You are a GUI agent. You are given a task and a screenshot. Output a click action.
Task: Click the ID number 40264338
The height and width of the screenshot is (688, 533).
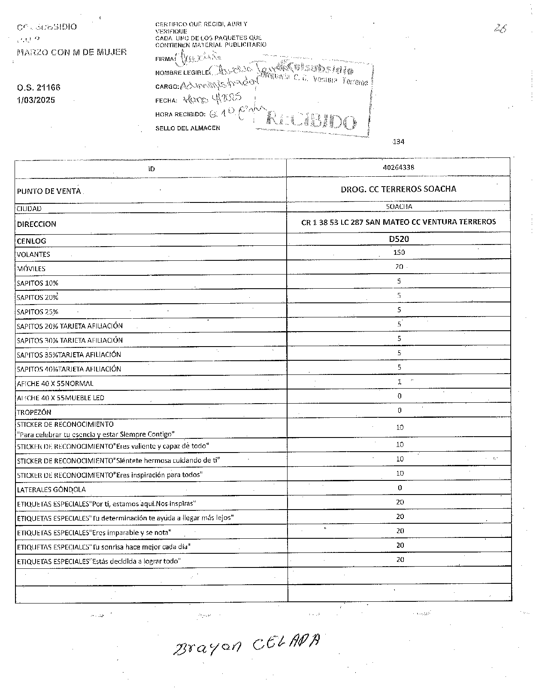pyautogui.click(x=398, y=168)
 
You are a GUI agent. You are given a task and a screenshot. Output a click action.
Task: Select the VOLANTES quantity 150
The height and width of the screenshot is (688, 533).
pyautogui.click(x=399, y=252)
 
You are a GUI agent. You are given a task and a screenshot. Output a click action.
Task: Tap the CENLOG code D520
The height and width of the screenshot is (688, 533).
pyautogui.click(x=399, y=239)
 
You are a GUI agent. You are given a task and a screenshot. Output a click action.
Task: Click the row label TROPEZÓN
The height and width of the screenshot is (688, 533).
pyautogui.click(x=34, y=412)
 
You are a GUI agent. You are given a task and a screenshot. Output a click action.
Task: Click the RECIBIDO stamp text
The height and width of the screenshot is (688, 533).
pyautogui.click(x=312, y=121)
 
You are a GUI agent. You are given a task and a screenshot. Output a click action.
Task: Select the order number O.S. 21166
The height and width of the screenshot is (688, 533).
pyautogui.click(x=39, y=88)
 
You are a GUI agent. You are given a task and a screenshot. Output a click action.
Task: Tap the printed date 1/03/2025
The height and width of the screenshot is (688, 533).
pyautogui.click(x=36, y=100)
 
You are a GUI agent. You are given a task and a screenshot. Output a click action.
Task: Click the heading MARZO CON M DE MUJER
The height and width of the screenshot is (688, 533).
pyautogui.click(x=72, y=52)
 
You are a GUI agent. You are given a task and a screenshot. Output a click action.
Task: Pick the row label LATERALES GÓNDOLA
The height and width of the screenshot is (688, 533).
pyautogui.click(x=51, y=489)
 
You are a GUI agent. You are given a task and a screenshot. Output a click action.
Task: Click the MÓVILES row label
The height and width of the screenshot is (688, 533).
pyautogui.click(x=31, y=269)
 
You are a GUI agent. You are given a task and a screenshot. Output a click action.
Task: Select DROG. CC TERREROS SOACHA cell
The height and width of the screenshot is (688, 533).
pyautogui.click(x=398, y=189)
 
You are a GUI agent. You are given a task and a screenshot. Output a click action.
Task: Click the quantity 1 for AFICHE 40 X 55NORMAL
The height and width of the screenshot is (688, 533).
pyautogui.click(x=399, y=382)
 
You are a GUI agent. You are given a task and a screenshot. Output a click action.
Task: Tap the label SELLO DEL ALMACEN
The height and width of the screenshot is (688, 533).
pyautogui.click(x=188, y=128)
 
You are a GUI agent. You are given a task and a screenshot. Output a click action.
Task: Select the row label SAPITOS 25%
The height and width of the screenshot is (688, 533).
pyautogui.click(x=37, y=312)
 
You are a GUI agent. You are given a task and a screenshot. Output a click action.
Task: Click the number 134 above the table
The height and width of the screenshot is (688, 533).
pyautogui.click(x=398, y=142)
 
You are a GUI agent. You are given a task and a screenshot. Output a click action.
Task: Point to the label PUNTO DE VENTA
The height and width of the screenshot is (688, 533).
pyautogui.click(x=49, y=191)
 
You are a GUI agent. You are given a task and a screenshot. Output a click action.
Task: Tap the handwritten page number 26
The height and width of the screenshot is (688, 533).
pyautogui.click(x=500, y=29)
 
